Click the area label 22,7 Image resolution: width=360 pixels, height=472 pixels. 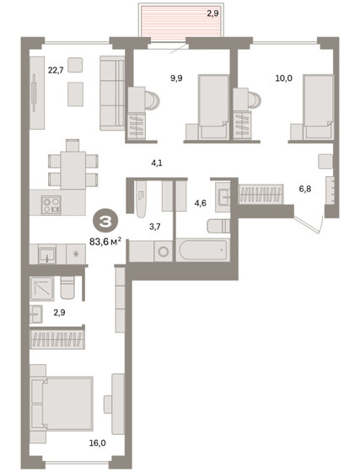(x=56, y=71)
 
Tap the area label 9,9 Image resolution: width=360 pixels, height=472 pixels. (x=176, y=78)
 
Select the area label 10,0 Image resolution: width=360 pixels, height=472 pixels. (x=284, y=78)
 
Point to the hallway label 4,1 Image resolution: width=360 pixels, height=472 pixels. (x=157, y=164)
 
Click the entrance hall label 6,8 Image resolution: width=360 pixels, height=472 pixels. (x=305, y=190)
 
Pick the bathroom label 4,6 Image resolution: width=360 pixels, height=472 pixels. (x=200, y=203)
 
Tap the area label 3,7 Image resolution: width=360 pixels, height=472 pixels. (x=155, y=227)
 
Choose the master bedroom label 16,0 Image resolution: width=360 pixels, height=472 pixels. (x=98, y=443)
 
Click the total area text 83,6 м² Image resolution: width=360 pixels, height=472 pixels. (x=105, y=241)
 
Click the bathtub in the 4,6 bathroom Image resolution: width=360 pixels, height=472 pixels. (x=202, y=249)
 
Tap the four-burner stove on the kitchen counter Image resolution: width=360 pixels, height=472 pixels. (x=51, y=205)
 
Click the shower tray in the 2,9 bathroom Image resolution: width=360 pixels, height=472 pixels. (x=42, y=288)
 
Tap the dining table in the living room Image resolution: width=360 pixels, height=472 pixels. (x=73, y=170)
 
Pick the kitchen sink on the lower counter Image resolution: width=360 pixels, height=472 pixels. (x=46, y=255)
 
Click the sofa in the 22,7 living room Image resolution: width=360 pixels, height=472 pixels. (x=112, y=93)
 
